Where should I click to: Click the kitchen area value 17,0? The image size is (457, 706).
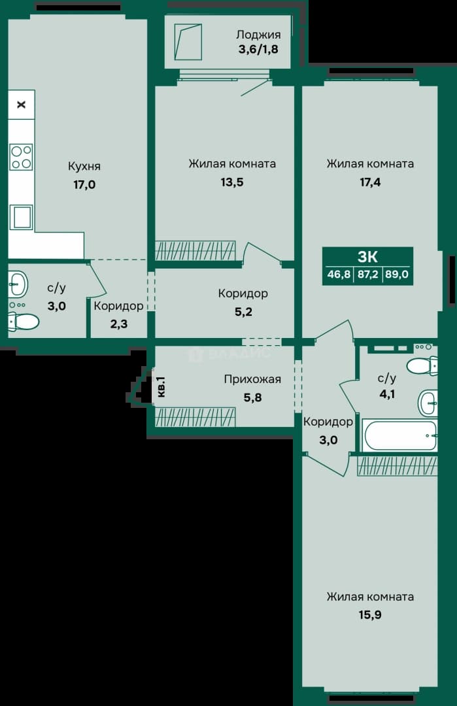tap(84, 184)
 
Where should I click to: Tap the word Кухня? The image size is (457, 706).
tap(84, 166)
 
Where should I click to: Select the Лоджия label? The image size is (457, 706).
tap(258, 35)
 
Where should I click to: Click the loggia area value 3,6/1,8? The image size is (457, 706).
tap(258, 49)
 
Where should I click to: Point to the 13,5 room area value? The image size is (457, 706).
tap(232, 182)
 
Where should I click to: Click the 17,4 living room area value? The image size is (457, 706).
tap(370, 182)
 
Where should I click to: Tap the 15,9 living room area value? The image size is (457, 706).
tap(370, 614)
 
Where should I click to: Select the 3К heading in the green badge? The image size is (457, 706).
tap(367, 257)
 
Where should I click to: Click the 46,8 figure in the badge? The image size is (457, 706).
tap(339, 274)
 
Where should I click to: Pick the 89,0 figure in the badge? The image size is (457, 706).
tap(397, 274)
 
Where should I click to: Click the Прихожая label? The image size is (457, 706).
tap(252, 379)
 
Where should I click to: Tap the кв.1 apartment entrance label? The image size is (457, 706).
tap(161, 387)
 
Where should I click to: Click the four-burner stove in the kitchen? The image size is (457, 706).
tap(21, 157)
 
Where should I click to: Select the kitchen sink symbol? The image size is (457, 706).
tap(21, 217)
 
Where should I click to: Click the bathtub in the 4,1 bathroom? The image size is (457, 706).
tap(400, 435)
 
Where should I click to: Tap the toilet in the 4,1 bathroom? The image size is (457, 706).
tap(422, 365)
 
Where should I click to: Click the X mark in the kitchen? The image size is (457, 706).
tap(21, 105)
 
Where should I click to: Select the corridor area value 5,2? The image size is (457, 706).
tap(243, 312)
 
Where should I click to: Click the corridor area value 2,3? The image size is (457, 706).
tap(119, 324)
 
